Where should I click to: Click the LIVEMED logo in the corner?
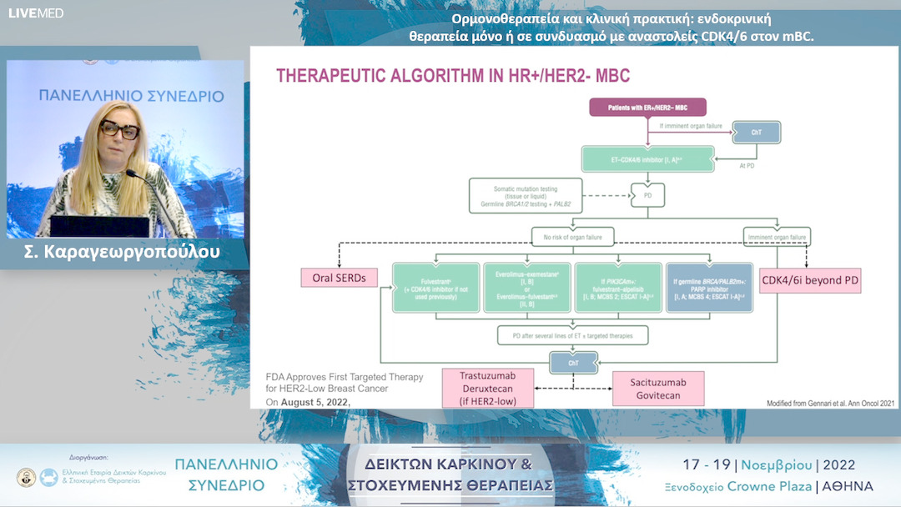point(36,13)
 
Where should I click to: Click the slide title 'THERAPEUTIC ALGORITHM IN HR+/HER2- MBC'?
point(453,76)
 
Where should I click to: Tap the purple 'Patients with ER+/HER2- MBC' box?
point(647,108)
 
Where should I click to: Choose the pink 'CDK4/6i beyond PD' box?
point(809,281)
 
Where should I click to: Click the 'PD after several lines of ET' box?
point(572,335)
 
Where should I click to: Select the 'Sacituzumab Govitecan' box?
point(657,389)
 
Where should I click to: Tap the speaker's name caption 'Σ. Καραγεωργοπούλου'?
point(122,251)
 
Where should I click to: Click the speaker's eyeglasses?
point(118,130)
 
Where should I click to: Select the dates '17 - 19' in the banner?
point(704,464)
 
